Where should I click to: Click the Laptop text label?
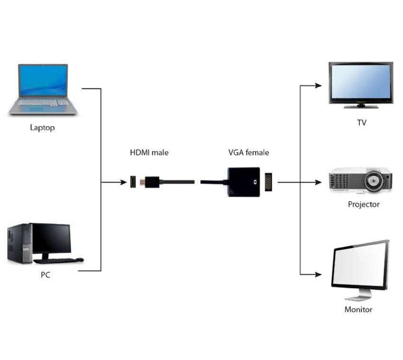[x=42, y=128]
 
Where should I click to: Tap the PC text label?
[x=46, y=275]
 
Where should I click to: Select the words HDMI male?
[x=149, y=153]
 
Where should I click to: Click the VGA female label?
[x=248, y=153]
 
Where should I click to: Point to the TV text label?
[x=362, y=123]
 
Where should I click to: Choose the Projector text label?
[x=364, y=204]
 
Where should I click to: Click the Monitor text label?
[x=358, y=310]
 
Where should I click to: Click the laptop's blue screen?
[x=43, y=80]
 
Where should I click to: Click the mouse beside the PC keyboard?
[x=79, y=259]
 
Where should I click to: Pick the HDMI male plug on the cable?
[x=152, y=182]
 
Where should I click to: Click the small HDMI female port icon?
[x=134, y=182]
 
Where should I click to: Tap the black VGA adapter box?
[x=243, y=182]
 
